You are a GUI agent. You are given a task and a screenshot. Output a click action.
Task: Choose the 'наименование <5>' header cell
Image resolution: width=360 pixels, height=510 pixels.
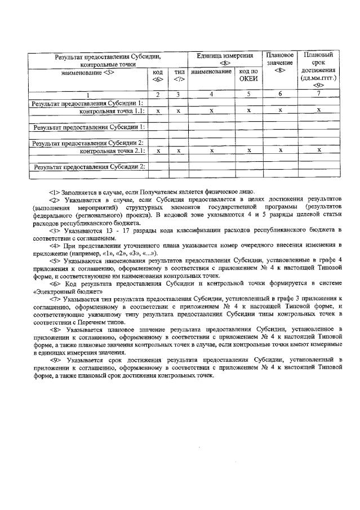[88, 72]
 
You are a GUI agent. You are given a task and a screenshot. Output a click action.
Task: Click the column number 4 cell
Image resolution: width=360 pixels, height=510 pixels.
[211, 94]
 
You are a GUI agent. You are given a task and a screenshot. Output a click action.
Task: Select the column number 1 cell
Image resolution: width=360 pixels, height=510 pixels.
[87, 94]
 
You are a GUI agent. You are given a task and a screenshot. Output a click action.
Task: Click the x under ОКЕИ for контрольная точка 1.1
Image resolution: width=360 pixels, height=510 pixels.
[248, 111]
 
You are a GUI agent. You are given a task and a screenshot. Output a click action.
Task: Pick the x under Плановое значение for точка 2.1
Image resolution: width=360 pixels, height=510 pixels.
[280, 150]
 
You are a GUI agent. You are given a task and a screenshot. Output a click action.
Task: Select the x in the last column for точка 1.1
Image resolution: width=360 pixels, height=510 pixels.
[318, 110]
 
